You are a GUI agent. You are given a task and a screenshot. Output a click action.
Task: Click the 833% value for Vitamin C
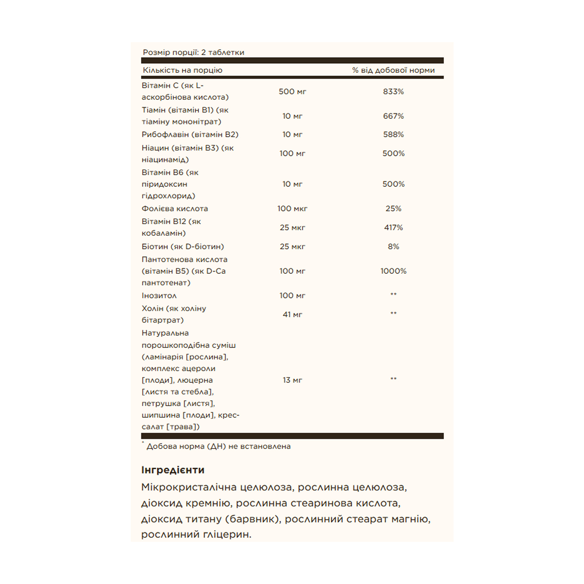(x=393, y=92)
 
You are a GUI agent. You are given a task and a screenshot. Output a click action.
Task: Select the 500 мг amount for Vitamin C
(x=292, y=92)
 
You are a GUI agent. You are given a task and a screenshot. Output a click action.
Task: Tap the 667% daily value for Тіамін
(x=393, y=116)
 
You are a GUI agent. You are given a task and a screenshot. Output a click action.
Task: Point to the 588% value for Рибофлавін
(x=393, y=135)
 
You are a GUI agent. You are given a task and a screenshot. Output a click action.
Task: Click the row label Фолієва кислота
(x=175, y=209)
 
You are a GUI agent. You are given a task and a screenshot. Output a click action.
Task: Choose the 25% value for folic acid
(x=393, y=209)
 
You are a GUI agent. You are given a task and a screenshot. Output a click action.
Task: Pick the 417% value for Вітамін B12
(x=393, y=228)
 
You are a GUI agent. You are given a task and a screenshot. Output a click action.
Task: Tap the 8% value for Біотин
(x=393, y=247)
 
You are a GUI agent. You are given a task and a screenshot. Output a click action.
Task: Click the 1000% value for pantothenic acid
(x=393, y=271)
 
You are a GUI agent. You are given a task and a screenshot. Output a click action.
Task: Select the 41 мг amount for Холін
(x=292, y=315)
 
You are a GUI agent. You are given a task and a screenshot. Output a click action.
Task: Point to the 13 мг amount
(x=292, y=380)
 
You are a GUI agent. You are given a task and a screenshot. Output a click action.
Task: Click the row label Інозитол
(x=159, y=296)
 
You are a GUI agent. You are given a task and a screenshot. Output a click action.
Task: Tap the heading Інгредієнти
(x=173, y=470)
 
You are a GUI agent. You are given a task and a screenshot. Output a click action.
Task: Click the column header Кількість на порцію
(x=182, y=70)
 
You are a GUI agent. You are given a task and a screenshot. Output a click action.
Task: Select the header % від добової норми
(x=393, y=70)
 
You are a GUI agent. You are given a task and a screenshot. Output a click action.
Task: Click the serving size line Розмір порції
(x=193, y=53)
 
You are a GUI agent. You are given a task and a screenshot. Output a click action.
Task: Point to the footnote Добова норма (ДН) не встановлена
(x=218, y=446)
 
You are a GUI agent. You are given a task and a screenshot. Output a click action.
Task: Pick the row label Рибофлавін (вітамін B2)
(x=190, y=135)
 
